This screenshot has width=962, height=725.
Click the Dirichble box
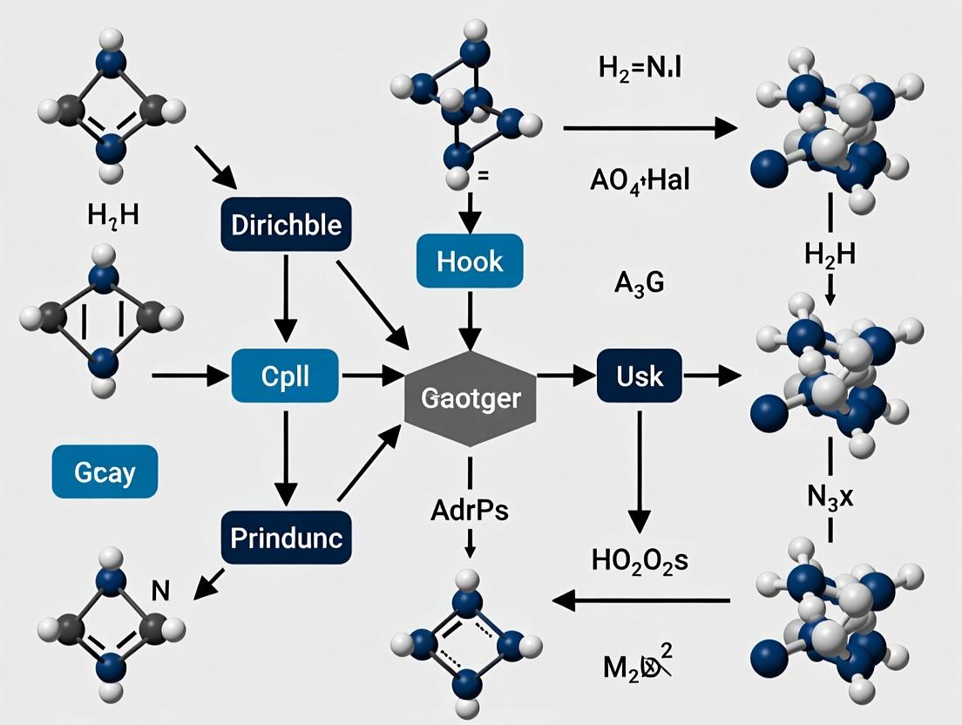[x=286, y=225]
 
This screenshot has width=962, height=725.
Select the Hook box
[x=471, y=260]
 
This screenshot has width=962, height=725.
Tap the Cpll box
[x=286, y=376]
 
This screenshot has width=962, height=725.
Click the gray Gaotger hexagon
[x=471, y=399]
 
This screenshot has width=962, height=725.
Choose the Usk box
[x=640, y=376]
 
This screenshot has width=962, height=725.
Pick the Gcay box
[x=105, y=471]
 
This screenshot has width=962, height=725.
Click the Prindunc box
[x=286, y=537]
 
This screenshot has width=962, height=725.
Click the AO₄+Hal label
[x=640, y=181]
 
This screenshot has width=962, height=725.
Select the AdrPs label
[x=470, y=510]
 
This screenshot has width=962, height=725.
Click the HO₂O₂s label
[x=640, y=560]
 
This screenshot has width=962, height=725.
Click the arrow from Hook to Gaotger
[x=471, y=321]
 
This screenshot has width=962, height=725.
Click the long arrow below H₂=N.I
[x=649, y=129]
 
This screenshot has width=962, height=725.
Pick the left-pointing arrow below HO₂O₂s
[x=640, y=600]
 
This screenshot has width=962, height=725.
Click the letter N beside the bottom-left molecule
[x=159, y=591]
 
